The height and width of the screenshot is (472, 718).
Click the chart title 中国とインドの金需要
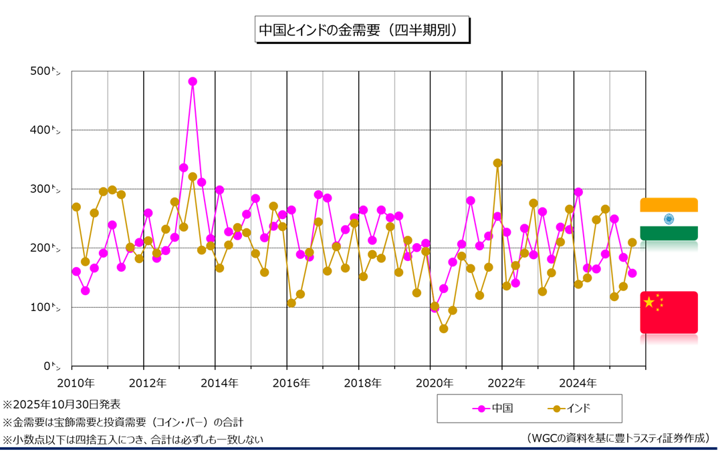tap(362, 30)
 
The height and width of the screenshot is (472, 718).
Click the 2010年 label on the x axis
tap(75, 383)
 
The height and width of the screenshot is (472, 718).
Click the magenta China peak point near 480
tap(193, 81)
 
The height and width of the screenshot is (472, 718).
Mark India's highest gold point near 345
tap(497, 163)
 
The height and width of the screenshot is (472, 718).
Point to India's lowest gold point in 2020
tap(443, 328)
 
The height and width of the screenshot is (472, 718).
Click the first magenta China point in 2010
tap(76, 272)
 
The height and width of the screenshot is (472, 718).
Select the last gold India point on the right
tap(632, 242)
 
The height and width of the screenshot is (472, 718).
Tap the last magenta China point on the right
tap(632, 273)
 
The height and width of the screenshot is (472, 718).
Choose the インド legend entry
tap(569, 408)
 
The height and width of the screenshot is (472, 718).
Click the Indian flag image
tap(669, 219)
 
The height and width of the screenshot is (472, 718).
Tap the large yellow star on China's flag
tap(648, 302)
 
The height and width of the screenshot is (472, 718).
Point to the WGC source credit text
tap(618, 438)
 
